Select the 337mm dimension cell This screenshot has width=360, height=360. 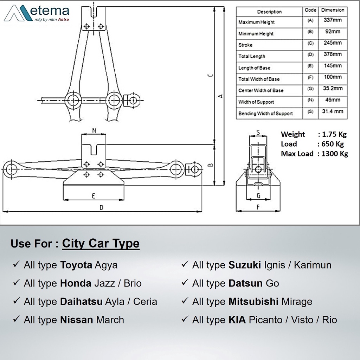pyautogui.click(x=332, y=20)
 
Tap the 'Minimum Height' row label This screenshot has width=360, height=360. pyautogui.click(x=256, y=34)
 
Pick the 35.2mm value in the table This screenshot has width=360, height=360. pyautogui.click(x=333, y=89)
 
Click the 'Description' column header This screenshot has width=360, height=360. pyautogui.click(x=269, y=12)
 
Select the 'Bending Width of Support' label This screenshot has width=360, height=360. pyautogui.click(x=265, y=114)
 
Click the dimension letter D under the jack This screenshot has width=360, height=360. pyautogui.click(x=102, y=207)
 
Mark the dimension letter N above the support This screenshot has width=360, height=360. pyautogui.click(x=94, y=130)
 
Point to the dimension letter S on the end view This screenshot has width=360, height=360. pyautogui.click(x=258, y=133)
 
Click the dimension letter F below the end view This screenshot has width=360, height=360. pyautogui.click(x=258, y=207)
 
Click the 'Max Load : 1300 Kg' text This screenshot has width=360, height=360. pyautogui.click(x=314, y=154)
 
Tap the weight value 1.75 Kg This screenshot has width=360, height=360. pyautogui.click(x=332, y=134)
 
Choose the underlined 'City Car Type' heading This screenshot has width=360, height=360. pyautogui.click(x=101, y=243)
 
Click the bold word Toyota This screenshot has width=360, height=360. pyautogui.click(x=76, y=265)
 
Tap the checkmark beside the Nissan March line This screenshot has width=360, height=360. pyautogui.click(x=16, y=320)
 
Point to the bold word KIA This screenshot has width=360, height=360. pyautogui.click(x=237, y=320)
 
